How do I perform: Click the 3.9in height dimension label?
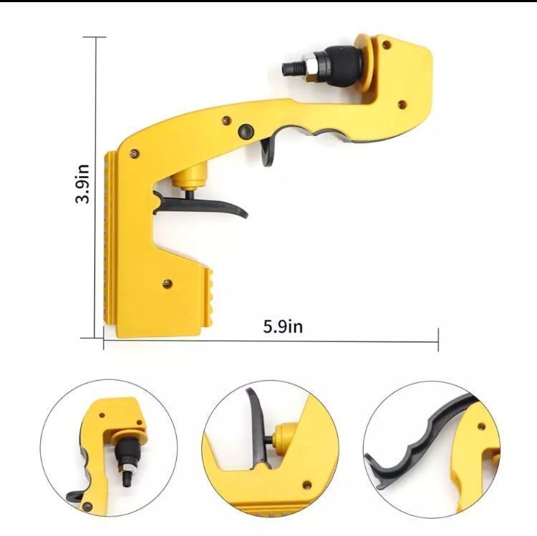pos(82,184)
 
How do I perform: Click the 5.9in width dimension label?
pos(283,326)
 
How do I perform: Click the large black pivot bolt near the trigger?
pos(246,132)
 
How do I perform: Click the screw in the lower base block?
pos(167,283)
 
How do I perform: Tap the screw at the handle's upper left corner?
pos(135,154)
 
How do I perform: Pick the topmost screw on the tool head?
pos(387,44)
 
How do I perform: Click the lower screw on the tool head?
pos(402,104)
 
